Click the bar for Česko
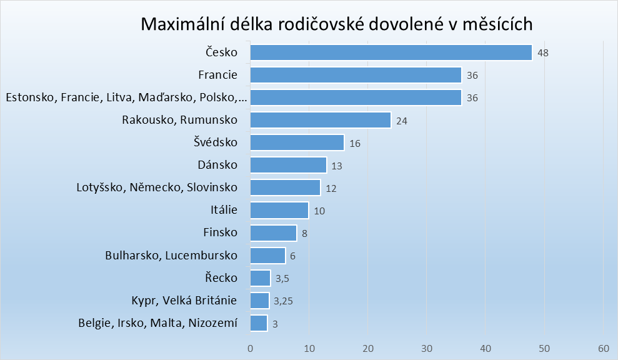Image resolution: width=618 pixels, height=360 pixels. [x=391, y=52]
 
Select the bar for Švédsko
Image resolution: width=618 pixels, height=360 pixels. [x=297, y=142]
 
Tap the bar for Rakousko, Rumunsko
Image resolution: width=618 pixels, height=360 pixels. [x=320, y=120]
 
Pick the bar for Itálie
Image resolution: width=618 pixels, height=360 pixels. [x=279, y=211]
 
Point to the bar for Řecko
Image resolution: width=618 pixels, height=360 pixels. [x=260, y=278]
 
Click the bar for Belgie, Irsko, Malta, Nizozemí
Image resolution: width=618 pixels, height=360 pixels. [x=259, y=323]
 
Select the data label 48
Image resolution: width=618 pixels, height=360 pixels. [x=543, y=53]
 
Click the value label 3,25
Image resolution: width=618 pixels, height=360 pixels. [x=284, y=301]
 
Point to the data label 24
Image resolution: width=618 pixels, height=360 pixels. [x=402, y=121]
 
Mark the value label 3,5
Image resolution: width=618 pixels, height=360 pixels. [x=282, y=279]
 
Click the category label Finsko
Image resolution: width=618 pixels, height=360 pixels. [x=221, y=232]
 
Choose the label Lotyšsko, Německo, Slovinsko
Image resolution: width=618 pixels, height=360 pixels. [x=157, y=187]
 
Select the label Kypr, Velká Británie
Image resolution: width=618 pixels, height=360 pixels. [x=184, y=301]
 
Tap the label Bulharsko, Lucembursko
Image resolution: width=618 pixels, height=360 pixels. [x=171, y=255]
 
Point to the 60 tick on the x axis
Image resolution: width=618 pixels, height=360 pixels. [x=603, y=348]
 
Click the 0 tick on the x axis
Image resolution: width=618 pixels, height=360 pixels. [x=250, y=348]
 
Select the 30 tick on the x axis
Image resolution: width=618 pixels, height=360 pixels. [x=427, y=348]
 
